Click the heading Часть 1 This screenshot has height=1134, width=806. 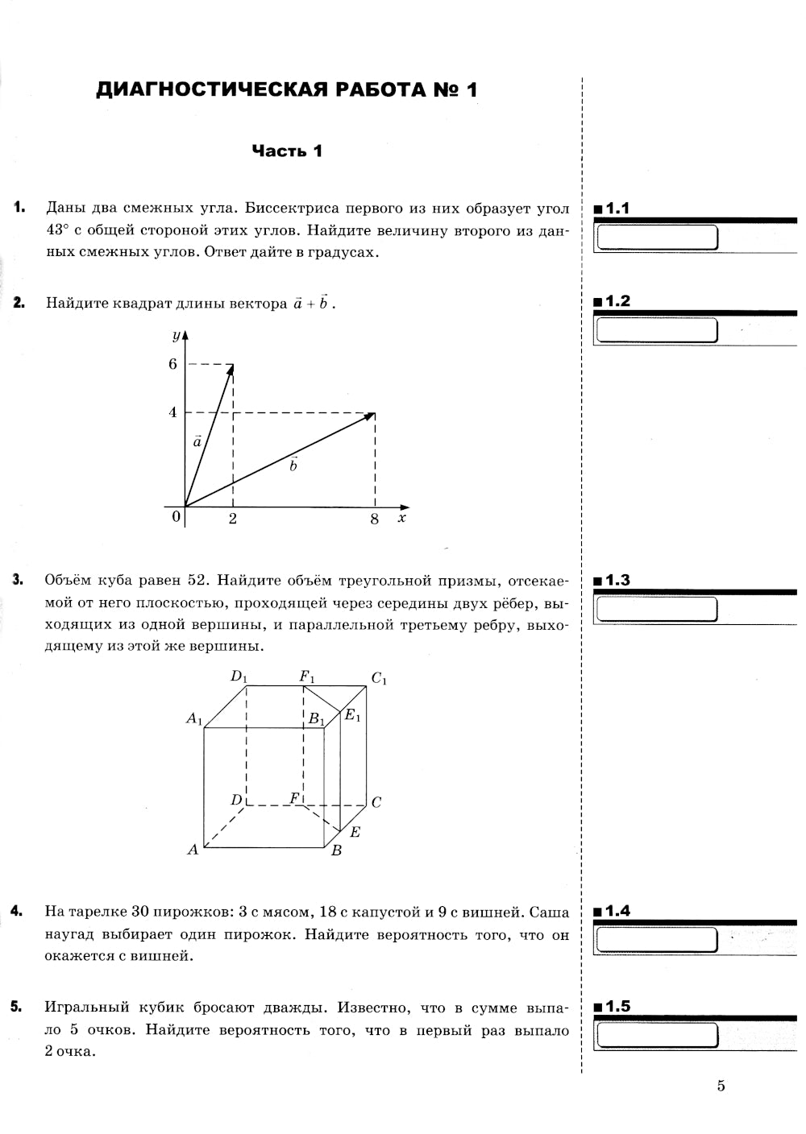tap(287, 151)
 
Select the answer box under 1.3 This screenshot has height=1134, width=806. tap(656, 610)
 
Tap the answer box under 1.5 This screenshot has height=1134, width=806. tap(656, 1036)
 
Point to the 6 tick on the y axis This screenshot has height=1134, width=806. tap(172, 364)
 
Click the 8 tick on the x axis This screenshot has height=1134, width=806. tap(375, 519)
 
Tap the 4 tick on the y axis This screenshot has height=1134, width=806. tap(172, 412)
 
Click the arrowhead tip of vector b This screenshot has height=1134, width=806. tap(373, 414)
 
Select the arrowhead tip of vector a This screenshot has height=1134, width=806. tap(232, 366)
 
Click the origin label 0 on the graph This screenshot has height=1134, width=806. tap(176, 517)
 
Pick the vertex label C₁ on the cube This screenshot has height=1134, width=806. tap(379, 679)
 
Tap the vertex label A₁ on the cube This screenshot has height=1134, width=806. tap(194, 718)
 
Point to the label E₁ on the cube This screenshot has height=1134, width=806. tap(353, 714)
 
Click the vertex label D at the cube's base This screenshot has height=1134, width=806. tap(236, 800)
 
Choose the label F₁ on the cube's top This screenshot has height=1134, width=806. tap(307, 677)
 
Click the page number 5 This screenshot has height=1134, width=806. tap(721, 1086)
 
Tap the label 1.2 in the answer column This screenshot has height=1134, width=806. tap(617, 301)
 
